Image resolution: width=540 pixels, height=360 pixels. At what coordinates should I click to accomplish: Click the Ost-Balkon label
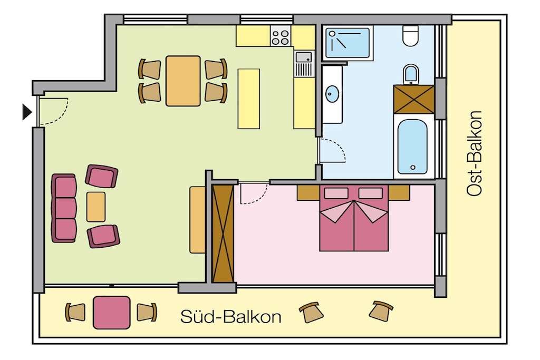(x=474, y=153)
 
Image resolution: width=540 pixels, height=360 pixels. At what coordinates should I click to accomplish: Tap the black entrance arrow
(x=27, y=112)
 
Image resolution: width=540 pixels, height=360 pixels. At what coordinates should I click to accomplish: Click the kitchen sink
(x=303, y=57)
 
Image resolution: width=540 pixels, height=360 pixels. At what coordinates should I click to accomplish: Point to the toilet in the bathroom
(x=410, y=35)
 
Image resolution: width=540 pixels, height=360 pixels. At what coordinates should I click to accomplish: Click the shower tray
(x=348, y=43)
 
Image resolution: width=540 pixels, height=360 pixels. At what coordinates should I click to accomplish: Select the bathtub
(x=412, y=147)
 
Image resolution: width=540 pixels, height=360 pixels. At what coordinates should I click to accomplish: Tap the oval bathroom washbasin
(x=332, y=94)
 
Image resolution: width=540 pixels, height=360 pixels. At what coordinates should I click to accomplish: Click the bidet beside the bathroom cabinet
(x=410, y=74)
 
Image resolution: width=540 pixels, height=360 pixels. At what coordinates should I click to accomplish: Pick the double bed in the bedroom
(x=354, y=218)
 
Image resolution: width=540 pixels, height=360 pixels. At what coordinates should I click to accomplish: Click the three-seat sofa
(x=64, y=208)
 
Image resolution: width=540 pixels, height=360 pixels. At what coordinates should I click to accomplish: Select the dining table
(x=183, y=81)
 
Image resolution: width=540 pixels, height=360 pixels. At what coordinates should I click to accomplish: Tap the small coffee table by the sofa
(x=96, y=207)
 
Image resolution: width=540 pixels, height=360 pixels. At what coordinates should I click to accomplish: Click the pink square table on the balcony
(x=112, y=313)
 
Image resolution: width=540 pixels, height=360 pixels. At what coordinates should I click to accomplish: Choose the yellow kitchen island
(x=249, y=99)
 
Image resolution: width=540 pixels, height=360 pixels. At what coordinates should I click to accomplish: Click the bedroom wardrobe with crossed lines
(x=223, y=233)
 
